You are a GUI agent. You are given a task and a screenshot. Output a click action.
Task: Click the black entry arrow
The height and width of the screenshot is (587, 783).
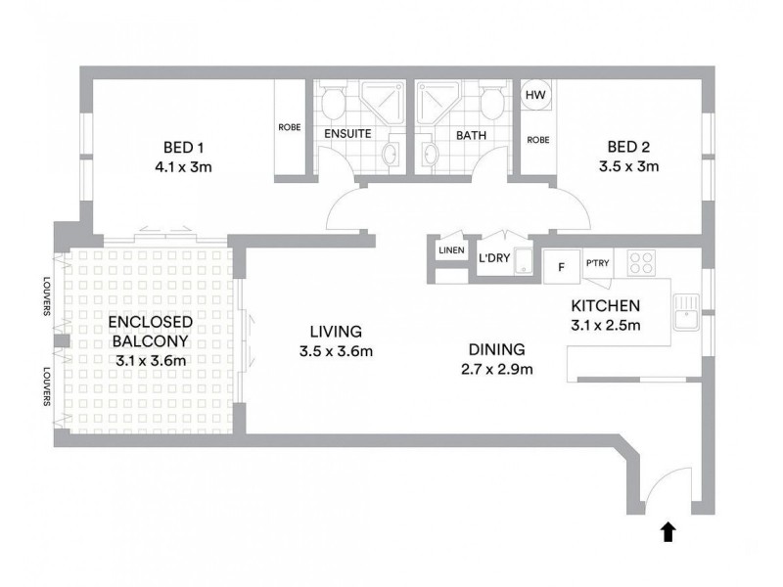tap(668, 531)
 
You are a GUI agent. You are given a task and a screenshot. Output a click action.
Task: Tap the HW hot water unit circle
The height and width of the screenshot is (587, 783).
tap(535, 94)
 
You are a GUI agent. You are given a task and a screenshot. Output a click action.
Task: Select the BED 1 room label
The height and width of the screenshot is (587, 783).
tap(183, 148)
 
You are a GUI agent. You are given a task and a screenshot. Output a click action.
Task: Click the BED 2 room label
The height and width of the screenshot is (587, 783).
tap(628, 147)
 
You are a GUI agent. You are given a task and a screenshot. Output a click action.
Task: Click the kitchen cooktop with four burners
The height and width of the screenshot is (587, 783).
tap(642, 262)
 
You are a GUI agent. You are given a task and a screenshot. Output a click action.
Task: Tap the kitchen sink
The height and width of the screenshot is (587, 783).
tap(687, 312)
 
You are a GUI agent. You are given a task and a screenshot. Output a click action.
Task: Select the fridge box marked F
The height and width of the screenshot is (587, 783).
tap(561, 266)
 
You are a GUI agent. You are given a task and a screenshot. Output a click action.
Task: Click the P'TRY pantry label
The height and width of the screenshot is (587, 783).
tap(597, 262)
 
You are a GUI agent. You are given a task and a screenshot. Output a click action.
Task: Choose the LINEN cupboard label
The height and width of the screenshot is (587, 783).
tap(451, 250)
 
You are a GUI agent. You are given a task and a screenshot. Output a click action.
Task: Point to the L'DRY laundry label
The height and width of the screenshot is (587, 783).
tap(494, 258)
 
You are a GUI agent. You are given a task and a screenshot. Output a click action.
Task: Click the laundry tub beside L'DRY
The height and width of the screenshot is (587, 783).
tap(524, 260)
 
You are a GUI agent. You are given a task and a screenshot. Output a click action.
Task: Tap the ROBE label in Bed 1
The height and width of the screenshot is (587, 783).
tap(290, 127)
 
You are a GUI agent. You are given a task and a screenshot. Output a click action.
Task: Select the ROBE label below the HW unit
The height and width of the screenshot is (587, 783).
tap(538, 140)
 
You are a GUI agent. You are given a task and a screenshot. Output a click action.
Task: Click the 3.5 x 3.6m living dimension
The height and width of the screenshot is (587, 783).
tap(336, 351)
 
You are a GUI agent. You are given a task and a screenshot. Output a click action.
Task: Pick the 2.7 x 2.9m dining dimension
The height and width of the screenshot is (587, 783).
tap(497, 370)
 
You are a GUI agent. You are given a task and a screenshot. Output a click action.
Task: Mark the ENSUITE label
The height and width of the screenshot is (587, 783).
tap(347, 134)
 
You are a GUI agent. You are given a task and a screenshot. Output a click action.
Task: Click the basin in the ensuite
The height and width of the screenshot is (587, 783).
tap(390, 155)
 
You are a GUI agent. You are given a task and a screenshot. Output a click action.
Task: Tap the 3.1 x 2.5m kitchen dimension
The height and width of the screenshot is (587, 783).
tap(606, 326)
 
